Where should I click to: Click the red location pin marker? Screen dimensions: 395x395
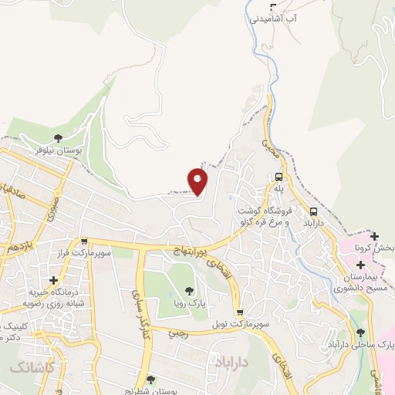pos(197,181)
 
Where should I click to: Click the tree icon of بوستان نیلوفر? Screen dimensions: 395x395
pos(59,139)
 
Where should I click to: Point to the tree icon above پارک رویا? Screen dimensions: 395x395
pos(189,292)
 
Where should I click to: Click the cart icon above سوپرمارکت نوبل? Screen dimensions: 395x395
pos(241,313)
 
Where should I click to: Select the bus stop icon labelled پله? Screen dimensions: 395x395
pos(279,177)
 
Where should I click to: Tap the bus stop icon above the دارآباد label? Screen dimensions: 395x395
pos(314,211)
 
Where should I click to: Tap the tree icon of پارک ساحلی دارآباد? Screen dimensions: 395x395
pos(360,333)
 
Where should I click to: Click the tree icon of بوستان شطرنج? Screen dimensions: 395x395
pos(150,379)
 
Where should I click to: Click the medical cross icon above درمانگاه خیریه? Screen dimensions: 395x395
pos(53,280)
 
